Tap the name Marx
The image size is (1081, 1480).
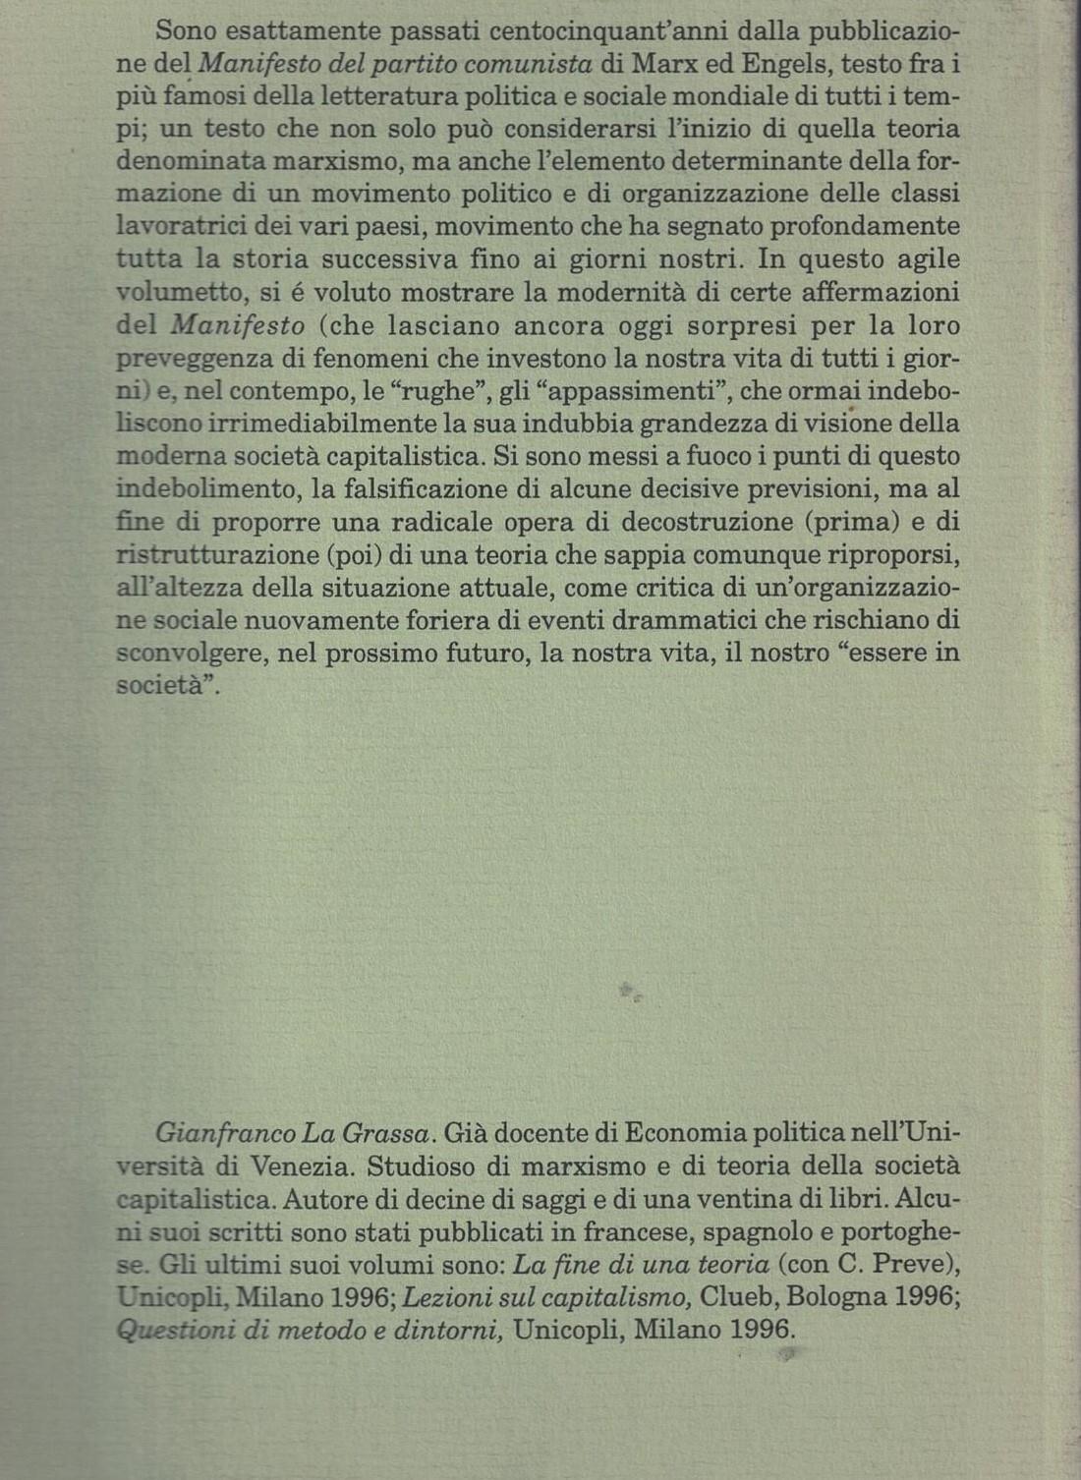663,64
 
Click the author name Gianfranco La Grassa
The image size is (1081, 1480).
293,1133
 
